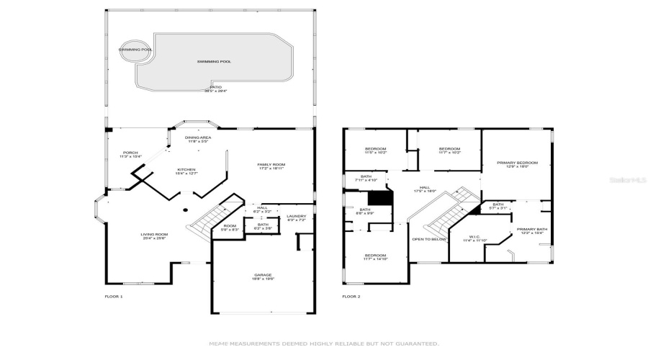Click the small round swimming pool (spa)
click(135, 50)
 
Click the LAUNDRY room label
click(296, 217)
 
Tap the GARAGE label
click(263, 276)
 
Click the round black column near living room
click(185, 210)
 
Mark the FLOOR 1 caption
click(114, 297)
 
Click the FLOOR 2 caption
click(351, 297)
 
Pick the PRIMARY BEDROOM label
click(517, 164)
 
